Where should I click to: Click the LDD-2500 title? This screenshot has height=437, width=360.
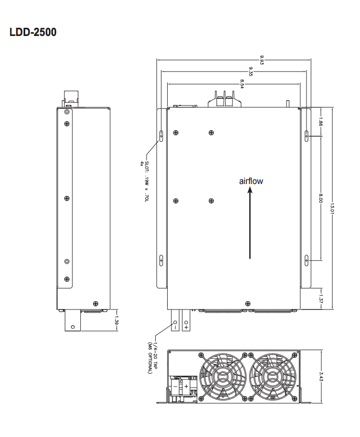click(33, 32)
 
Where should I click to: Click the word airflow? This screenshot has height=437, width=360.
click(251, 181)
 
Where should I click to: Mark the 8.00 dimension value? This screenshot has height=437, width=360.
click(320, 198)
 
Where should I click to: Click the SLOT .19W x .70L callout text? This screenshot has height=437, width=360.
click(146, 182)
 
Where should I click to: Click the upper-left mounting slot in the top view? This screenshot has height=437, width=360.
click(161, 136)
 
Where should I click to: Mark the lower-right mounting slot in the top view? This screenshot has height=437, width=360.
click(307, 261)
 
